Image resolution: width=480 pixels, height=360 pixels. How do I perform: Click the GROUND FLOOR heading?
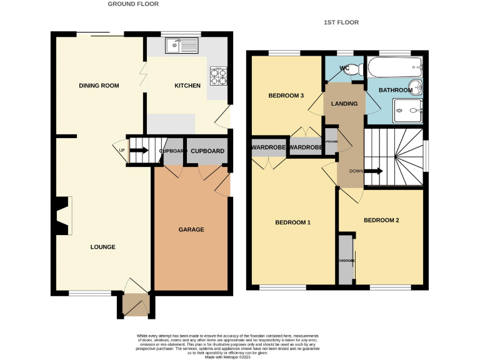point(133,4)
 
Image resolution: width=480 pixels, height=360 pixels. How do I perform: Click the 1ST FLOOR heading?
point(341,22)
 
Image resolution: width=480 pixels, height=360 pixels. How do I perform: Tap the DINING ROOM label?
point(99,85)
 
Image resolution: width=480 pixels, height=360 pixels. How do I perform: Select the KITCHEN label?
point(187,85)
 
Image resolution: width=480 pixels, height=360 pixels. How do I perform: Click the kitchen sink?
point(181,44)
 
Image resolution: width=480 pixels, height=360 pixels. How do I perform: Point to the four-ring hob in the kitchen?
point(218,76)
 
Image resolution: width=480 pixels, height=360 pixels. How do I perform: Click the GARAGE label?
point(191,229)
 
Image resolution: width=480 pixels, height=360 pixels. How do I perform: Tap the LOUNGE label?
point(102,247)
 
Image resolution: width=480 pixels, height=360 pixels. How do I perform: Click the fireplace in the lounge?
point(61,216)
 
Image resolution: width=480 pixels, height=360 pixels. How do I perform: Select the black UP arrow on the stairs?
point(139,150)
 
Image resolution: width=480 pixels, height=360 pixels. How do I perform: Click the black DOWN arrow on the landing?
point(374,171)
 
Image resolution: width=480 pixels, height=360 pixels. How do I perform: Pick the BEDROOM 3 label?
point(286,96)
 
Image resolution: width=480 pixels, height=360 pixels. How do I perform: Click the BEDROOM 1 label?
point(293,222)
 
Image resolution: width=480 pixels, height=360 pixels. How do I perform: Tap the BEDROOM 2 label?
point(381,220)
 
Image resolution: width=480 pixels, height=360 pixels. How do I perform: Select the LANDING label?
point(344,104)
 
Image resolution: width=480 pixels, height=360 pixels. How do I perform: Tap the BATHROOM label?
point(395,91)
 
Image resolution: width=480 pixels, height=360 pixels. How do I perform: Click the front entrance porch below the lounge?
point(134,306)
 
